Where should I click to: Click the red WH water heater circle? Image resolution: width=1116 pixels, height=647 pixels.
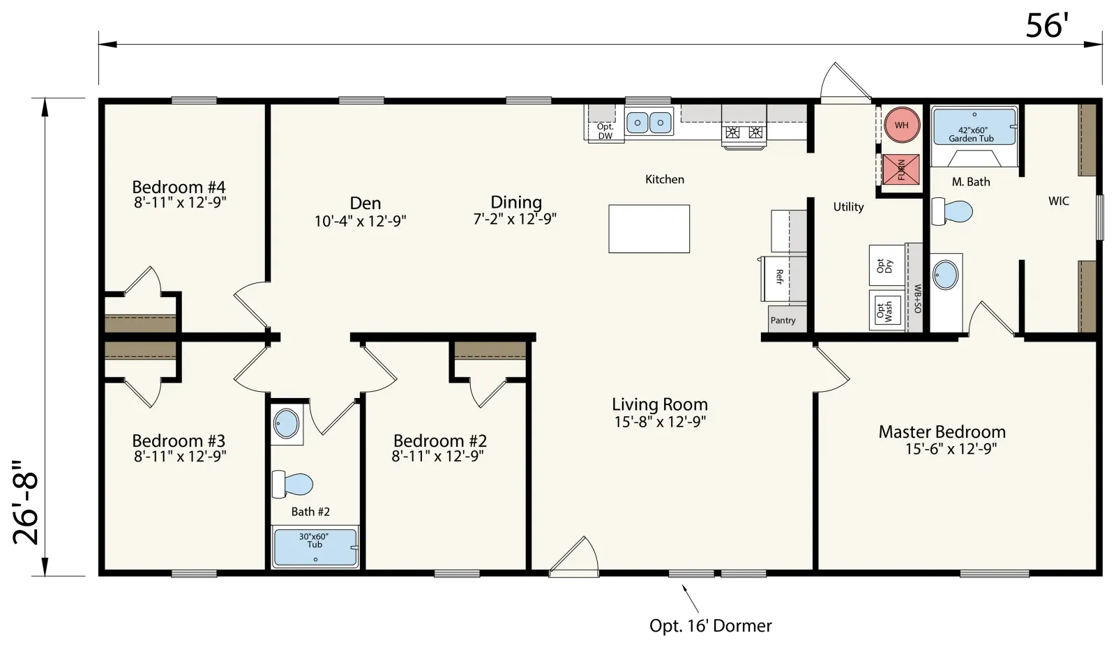[901, 125]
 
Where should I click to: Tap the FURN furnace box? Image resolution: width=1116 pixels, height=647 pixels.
[900, 169]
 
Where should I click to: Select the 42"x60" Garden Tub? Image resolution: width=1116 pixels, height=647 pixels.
[974, 128]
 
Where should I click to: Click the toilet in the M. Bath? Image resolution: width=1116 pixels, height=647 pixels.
[952, 211]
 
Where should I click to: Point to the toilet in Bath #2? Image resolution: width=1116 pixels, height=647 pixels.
[292, 484]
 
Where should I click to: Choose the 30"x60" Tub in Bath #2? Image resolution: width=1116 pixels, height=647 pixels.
[315, 547]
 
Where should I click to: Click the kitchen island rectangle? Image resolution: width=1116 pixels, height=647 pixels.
[649, 229]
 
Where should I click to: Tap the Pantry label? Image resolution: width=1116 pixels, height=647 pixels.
[783, 320]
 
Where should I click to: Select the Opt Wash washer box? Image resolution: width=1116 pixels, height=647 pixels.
[887, 310]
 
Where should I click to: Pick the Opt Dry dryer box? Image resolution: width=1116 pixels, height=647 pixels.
[887, 266]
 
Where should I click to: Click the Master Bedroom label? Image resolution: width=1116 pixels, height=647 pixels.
[942, 432]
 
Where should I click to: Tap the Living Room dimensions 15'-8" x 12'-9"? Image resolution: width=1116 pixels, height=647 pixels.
[660, 422]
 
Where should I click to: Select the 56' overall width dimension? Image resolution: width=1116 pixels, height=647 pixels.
[1047, 26]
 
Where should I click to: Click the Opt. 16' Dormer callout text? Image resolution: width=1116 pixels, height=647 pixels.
[711, 625]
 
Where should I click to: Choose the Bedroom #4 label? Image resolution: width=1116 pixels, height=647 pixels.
[179, 188]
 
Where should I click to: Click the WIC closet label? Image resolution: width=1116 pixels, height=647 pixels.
[1059, 201]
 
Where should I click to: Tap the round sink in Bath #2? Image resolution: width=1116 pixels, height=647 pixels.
[287, 423]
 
